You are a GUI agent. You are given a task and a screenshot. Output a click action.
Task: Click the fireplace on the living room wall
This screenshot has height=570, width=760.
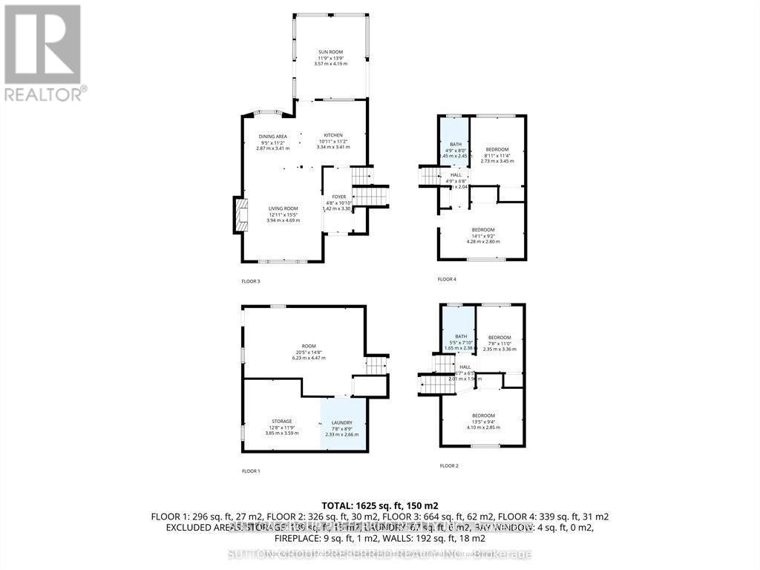pos(240,214)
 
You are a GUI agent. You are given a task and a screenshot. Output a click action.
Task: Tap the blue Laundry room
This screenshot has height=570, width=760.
pos(342,427)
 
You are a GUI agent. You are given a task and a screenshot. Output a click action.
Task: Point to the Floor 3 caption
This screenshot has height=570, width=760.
pos(251,281)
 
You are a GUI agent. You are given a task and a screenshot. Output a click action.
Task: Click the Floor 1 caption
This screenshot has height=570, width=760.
pos(251,471)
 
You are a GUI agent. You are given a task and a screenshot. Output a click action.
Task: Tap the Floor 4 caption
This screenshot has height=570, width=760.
pos(447,279)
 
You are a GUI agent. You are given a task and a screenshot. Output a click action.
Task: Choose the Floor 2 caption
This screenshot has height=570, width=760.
pos(449,466)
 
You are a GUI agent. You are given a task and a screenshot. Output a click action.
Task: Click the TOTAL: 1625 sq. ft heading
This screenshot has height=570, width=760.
pos(380,505)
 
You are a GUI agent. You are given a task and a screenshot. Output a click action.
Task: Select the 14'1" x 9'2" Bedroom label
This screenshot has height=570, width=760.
pos(483,235)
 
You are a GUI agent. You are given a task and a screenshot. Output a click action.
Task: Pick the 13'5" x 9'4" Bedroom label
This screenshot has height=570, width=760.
pos(483,421)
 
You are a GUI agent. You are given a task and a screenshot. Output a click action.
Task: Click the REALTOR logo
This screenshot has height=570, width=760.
pos(45,52)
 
